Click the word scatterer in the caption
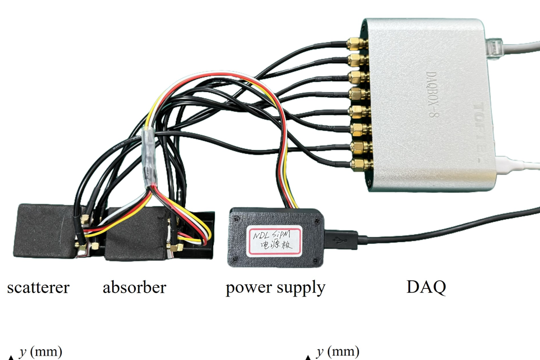pyautogui.click(x=38, y=287)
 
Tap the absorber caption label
pyautogui.click(x=134, y=287)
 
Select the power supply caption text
pyautogui.click(x=275, y=287)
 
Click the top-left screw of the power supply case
pyautogui.click(x=235, y=218)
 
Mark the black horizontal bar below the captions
pyautogui.click(x=270, y=324)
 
